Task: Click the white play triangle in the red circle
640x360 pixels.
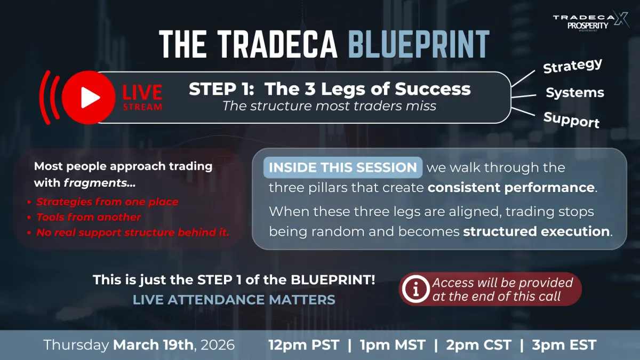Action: coord(91,98)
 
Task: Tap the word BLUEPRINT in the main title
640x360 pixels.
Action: coord(418,44)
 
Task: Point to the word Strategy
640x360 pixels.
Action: coord(573,67)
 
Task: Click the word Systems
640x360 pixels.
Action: coord(574,93)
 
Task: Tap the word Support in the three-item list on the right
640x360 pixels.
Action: coord(571,120)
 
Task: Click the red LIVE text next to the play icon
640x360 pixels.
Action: coord(142,92)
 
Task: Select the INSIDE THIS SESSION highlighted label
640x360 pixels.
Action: coord(343,167)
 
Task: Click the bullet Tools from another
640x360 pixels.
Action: coord(89,217)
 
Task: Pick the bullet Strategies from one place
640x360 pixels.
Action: coord(107,202)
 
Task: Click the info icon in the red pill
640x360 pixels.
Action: coord(413,290)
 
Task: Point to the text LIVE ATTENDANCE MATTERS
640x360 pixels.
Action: coord(234,300)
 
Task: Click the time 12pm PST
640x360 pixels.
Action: coord(303,345)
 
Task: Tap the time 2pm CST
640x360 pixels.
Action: coord(478,345)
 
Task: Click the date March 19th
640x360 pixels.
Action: coord(154,345)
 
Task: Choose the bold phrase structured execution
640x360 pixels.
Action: coord(537,231)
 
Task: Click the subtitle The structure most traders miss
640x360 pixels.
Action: coord(329,106)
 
